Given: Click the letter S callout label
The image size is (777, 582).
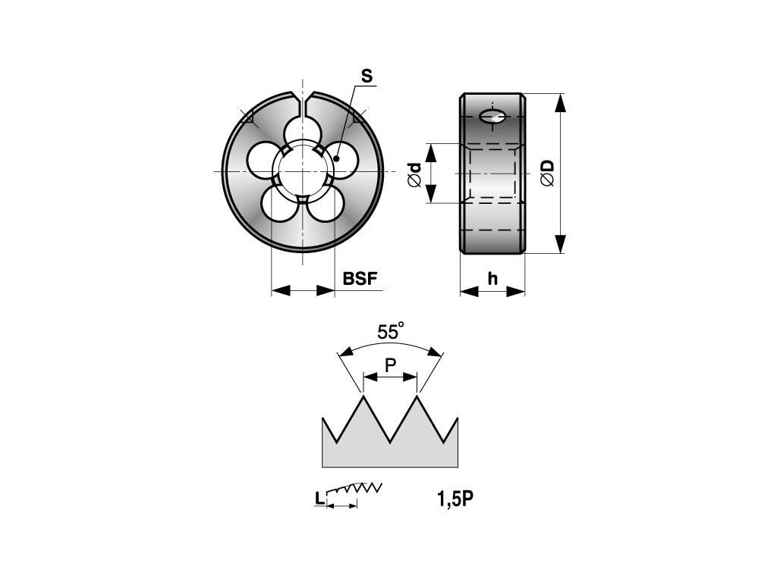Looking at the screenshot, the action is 366,77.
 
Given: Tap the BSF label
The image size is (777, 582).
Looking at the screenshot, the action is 360,279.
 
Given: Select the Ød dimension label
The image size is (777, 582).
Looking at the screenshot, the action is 414,175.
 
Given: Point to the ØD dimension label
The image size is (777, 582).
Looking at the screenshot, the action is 547,174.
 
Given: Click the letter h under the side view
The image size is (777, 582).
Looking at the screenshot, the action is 492,279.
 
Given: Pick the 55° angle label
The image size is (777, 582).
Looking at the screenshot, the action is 391,330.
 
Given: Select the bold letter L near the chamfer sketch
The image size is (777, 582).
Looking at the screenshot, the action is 319,499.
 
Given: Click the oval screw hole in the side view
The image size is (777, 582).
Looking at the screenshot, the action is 492,117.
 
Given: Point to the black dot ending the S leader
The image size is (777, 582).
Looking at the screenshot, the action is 336,158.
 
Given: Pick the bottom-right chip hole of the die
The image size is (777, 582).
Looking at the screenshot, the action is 326,205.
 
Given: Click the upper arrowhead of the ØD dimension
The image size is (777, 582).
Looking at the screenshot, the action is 560,103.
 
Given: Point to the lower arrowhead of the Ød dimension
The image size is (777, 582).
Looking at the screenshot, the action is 431,192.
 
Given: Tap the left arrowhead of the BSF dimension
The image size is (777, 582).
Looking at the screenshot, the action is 281,290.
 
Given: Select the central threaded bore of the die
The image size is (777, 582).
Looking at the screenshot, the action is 302,171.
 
